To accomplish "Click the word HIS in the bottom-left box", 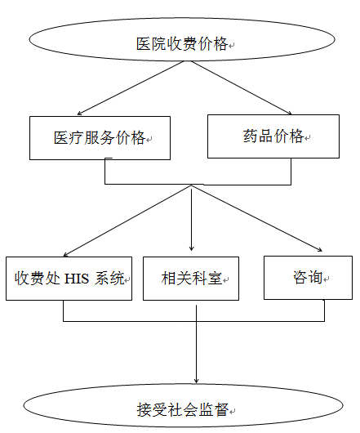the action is [x=77, y=279].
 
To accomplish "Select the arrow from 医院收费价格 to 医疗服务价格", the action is [x=131, y=87].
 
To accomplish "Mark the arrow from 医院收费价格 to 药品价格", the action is [x=242, y=87].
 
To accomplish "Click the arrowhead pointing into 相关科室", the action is [x=192, y=248].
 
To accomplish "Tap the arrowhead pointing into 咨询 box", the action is [x=319, y=249].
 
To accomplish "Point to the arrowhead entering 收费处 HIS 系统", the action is [x=66, y=254].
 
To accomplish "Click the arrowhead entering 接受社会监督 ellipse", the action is [x=196, y=380].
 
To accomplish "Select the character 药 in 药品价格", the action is [x=251, y=136].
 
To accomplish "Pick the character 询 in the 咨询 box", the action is [x=315, y=277].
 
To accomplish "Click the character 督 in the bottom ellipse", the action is [x=221, y=410].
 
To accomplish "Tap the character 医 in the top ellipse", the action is [x=144, y=44].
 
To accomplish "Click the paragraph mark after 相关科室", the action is [x=226, y=281].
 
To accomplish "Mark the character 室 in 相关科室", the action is [x=216, y=278].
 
